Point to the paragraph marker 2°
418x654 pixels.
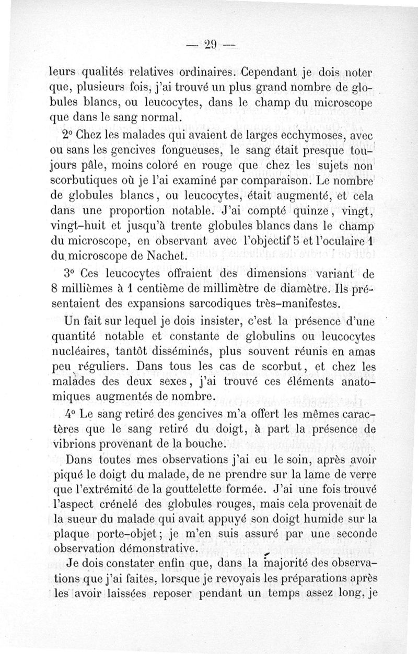[66, 136]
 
